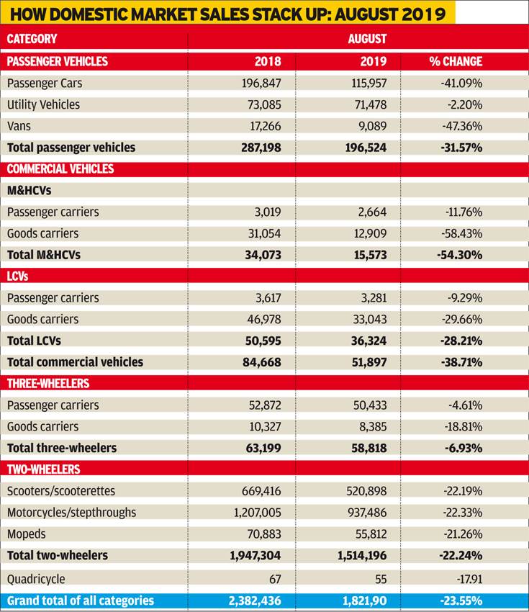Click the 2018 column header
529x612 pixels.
click(x=268, y=61)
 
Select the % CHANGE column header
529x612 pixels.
click(x=456, y=61)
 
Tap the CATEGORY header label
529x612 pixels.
click(x=32, y=39)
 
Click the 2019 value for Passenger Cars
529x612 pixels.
click(x=369, y=83)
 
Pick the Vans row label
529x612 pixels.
click(x=19, y=126)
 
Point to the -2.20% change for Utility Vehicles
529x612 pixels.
click(x=464, y=104)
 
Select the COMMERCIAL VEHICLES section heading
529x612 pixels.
click(x=60, y=168)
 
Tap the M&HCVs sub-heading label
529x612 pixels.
click(x=30, y=191)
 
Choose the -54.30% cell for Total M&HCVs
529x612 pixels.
click(x=460, y=255)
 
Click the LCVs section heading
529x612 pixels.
click(x=17, y=276)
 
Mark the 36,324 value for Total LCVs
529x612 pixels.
click(x=369, y=341)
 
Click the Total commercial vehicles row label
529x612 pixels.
click(x=75, y=362)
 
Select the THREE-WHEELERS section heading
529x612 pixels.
click(x=48, y=383)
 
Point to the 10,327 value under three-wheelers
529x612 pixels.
click(x=266, y=427)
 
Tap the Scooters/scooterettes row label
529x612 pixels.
click(x=61, y=491)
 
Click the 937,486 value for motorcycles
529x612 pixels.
click(x=367, y=513)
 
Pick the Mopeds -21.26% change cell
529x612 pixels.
click(x=463, y=534)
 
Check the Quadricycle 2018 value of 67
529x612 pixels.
click(x=275, y=579)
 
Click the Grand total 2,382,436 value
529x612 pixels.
click(x=255, y=600)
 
